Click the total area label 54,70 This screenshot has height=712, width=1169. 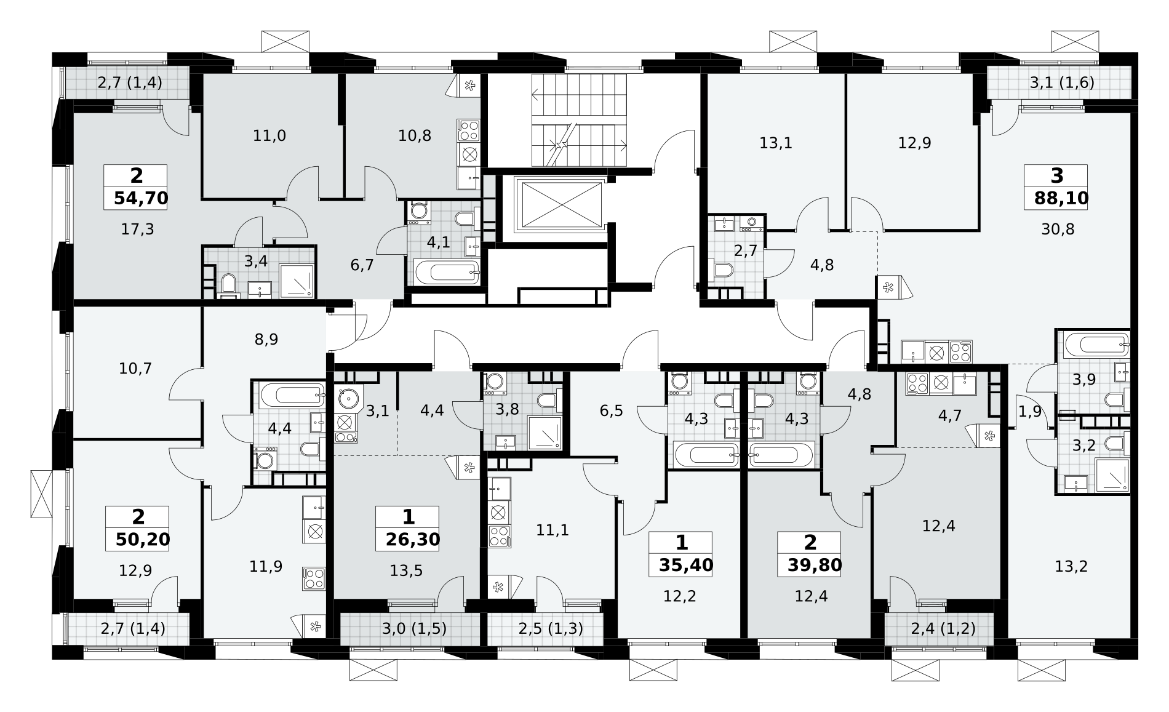141,198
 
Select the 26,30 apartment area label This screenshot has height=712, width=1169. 413,540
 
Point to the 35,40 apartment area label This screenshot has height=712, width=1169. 685,565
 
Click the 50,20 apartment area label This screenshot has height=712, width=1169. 142,540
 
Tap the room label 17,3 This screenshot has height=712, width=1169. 138,230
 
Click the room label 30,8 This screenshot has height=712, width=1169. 1058,230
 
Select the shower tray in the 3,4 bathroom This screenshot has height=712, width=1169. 297,281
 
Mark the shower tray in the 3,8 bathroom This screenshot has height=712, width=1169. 545,432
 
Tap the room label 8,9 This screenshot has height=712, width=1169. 266,339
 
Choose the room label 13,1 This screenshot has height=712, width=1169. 776,143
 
